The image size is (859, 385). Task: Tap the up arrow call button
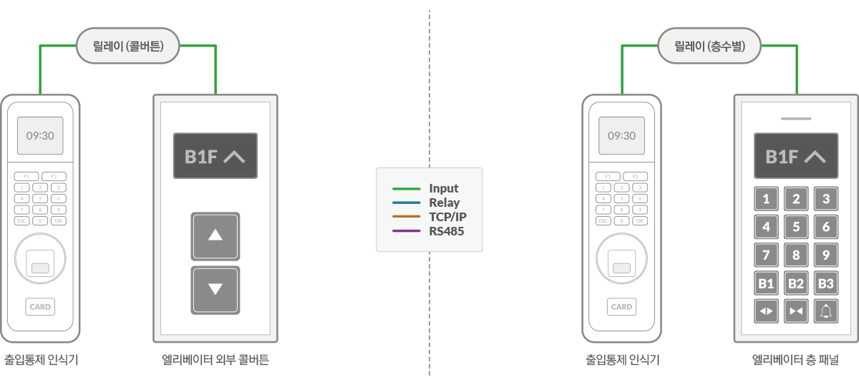[x=215, y=235]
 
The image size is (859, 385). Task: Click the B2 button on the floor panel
[x=796, y=283]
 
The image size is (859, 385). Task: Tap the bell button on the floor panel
[x=826, y=311]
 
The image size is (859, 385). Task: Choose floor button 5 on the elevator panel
[x=796, y=227]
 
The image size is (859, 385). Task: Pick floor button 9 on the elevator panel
[x=826, y=255]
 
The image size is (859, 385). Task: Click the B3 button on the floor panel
[x=826, y=283]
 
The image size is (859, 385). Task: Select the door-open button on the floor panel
[x=766, y=311]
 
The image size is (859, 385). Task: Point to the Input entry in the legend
[x=444, y=189]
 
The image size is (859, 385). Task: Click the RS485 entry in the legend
[x=447, y=230]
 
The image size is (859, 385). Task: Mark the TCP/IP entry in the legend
[x=448, y=217]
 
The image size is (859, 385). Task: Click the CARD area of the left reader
[x=40, y=306]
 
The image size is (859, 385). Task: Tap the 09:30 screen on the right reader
[x=621, y=135]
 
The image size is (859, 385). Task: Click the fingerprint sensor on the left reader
[x=40, y=263]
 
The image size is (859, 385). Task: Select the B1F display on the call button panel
[x=215, y=156]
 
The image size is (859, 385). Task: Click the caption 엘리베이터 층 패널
[x=795, y=360]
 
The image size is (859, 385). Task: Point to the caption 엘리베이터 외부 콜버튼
[x=215, y=360]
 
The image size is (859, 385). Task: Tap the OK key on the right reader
[x=640, y=220]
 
